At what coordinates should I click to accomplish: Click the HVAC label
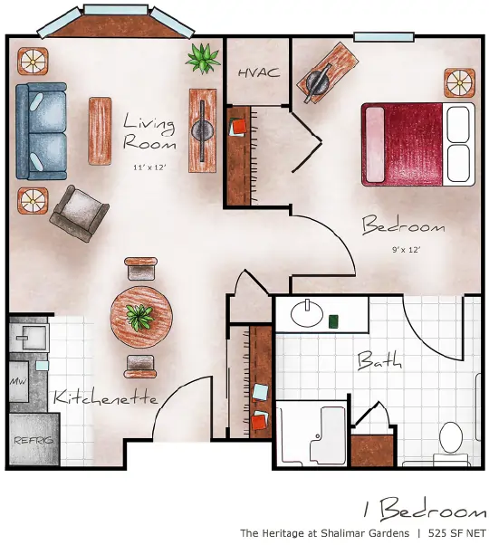(x=259, y=72)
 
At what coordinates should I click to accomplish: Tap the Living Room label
(x=149, y=131)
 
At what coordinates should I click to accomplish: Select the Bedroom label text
(x=403, y=225)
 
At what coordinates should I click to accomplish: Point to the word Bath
(x=379, y=361)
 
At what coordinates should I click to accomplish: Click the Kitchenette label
(x=105, y=397)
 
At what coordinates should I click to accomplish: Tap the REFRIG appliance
(x=34, y=440)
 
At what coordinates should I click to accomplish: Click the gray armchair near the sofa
(x=79, y=212)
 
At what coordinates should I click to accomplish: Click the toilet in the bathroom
(x=451, y=436)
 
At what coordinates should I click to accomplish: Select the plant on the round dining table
(x=139, y=316)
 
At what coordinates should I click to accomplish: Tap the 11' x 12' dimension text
(x=149, y=168)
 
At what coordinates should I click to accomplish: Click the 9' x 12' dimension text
(x=404, y=248)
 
